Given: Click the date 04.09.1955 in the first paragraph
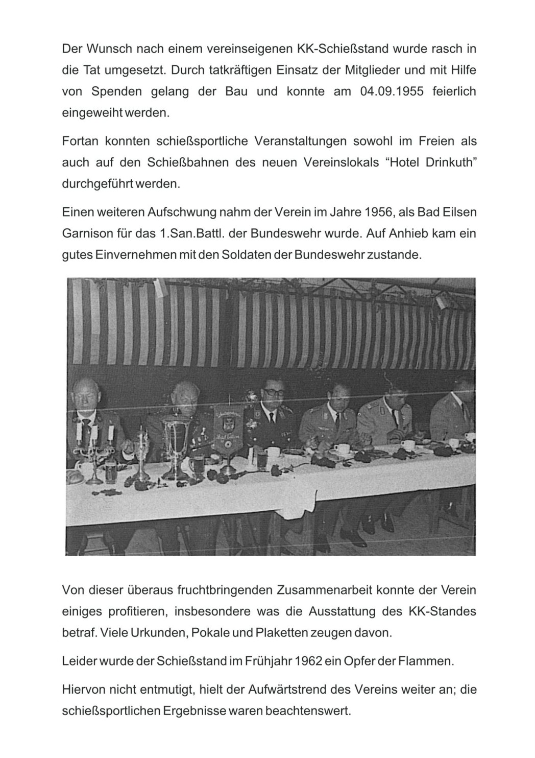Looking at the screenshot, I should [x=388, y=92].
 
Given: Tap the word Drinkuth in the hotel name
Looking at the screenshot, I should [x=445, y=162].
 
